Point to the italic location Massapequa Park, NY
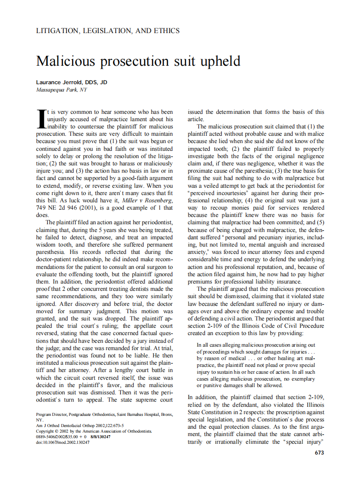tap(61, 90)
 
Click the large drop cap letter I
tap(41, 119)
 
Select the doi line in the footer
tap(63, 442)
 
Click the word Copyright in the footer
tap(45, 431)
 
